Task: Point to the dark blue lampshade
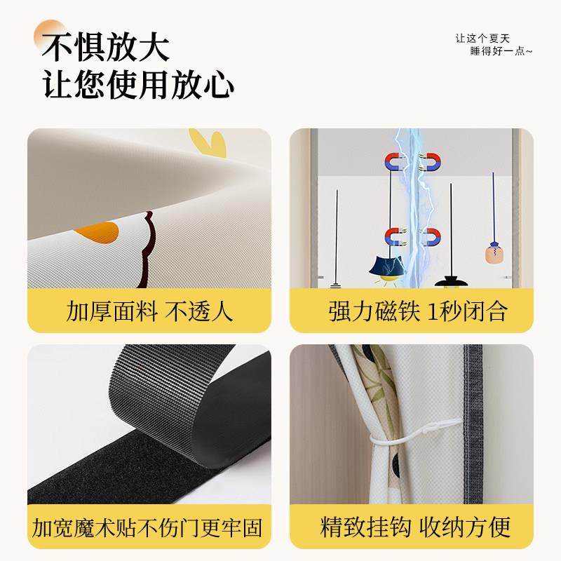(386, 268)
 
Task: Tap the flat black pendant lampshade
(452, 282)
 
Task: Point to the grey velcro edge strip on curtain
(479, 421)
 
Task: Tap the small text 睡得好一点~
(502, 51)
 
